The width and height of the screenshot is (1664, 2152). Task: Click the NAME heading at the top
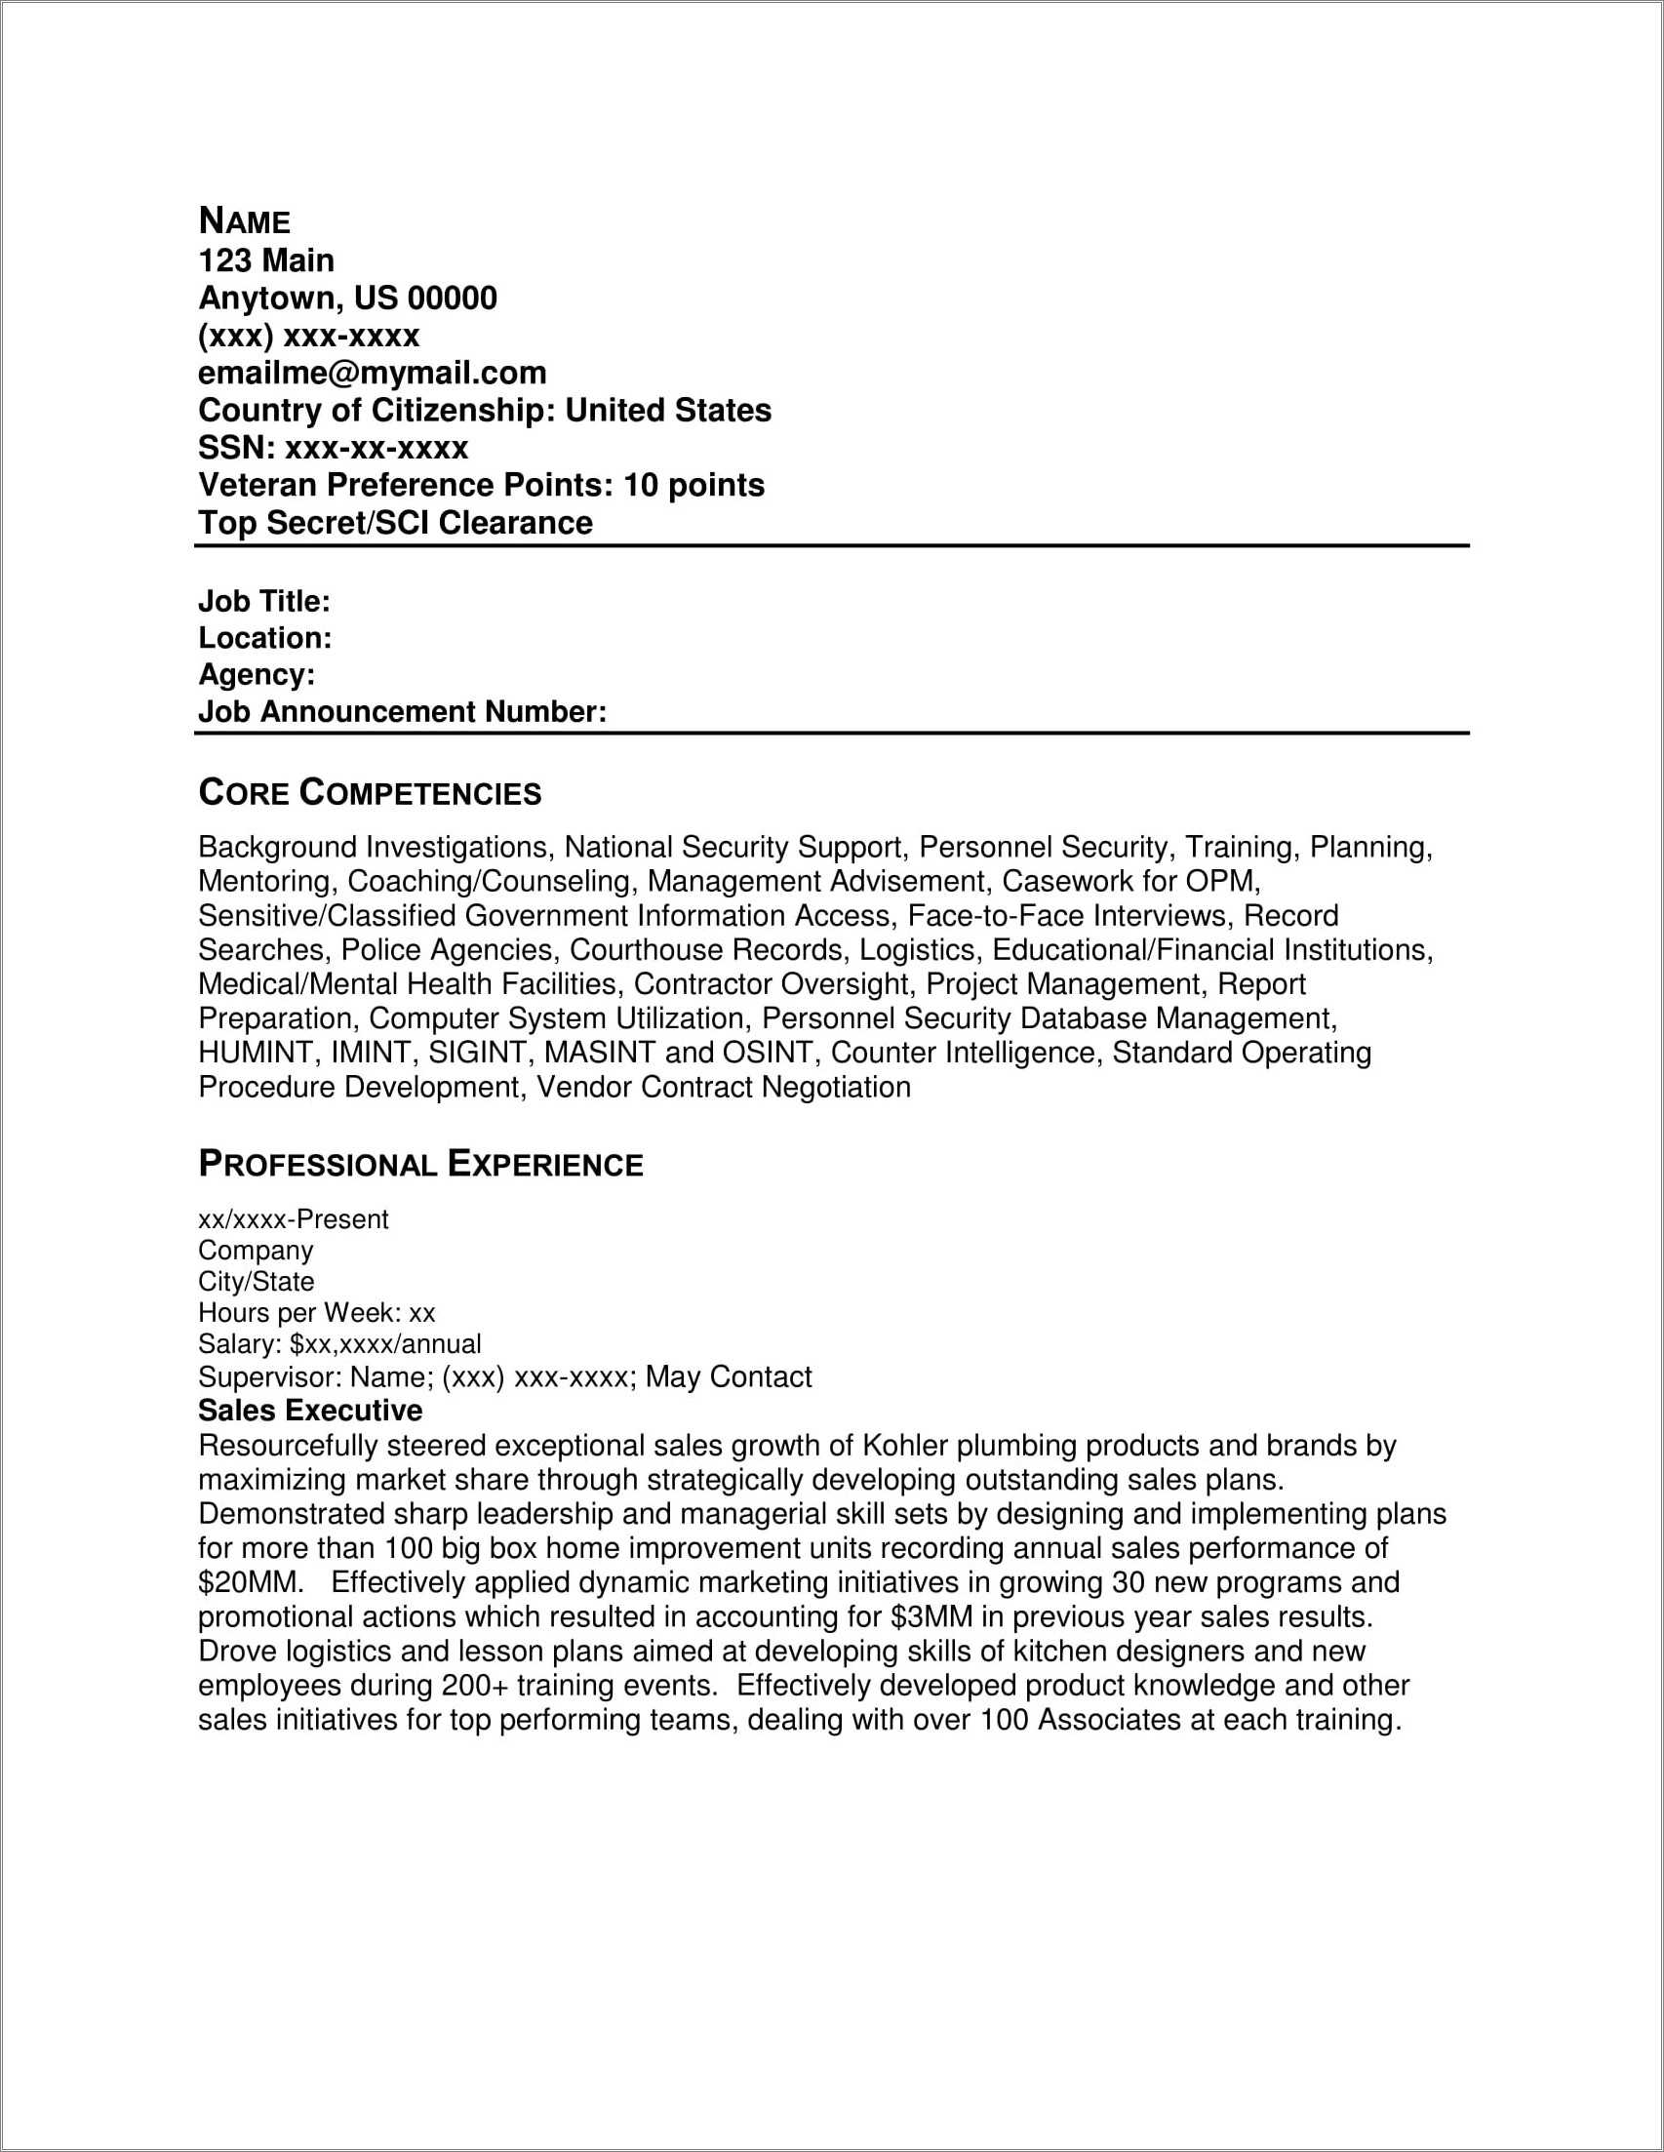(x=244, y=220)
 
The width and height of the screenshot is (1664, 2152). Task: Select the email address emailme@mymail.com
(x=373, y=373)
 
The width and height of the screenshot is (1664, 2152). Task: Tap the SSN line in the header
(x=333, y=448)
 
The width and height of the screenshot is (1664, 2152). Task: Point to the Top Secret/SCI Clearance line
(x=395, y=522)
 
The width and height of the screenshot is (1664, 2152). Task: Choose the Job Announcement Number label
(x=402, y=711)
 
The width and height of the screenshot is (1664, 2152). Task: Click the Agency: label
(x=257, y=674)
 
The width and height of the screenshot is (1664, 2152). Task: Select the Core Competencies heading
(x=370, y=792)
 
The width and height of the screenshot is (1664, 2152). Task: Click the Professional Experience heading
(x=420, y=1164)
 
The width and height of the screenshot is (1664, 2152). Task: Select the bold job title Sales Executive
(x=310, y=1410)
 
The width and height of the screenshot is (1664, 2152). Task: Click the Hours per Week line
(x=316, y=1312)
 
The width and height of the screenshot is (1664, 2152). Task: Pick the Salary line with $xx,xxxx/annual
(x=338, y=1344)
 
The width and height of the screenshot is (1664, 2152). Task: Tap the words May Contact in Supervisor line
(x=728, y=1376)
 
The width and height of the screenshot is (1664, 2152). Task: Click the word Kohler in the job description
(x=904, y=1446)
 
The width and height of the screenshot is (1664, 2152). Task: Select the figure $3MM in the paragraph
(x=931, y=1617)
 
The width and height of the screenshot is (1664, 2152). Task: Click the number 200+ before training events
(x=475, y=1685)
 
